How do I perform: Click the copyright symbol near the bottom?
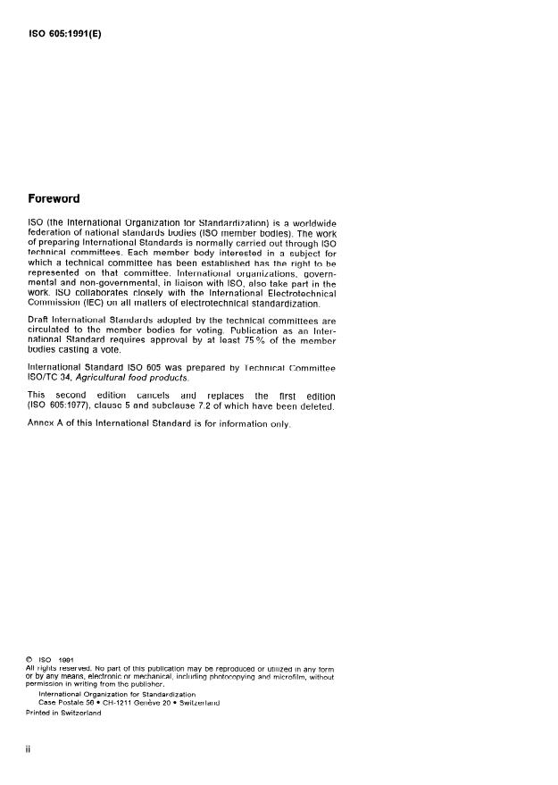pyautogui.click(x=31, y=660)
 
